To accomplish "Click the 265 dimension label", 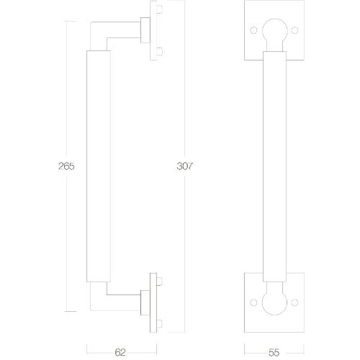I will pyautogui.click(x=66, y=166).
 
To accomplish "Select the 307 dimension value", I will pyautogui.click(x=185, y=166).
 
